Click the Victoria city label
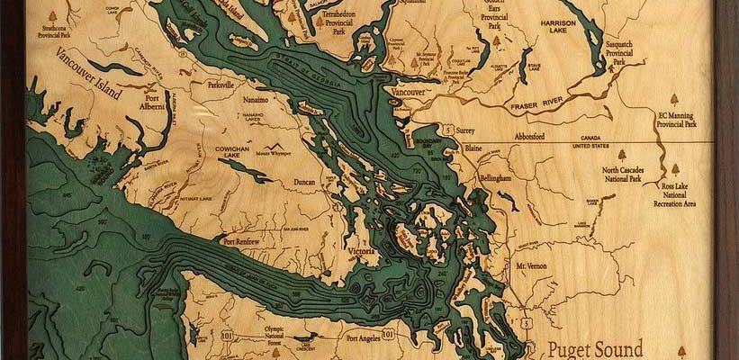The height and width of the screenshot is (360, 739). click(x=361, y=253)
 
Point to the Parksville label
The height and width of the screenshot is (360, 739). click(x=220, y=84)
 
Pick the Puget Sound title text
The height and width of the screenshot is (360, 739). click(x=595, y=348)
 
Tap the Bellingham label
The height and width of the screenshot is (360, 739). click(x=496, y=178)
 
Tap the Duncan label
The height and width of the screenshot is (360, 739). click(x=305, y=182)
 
